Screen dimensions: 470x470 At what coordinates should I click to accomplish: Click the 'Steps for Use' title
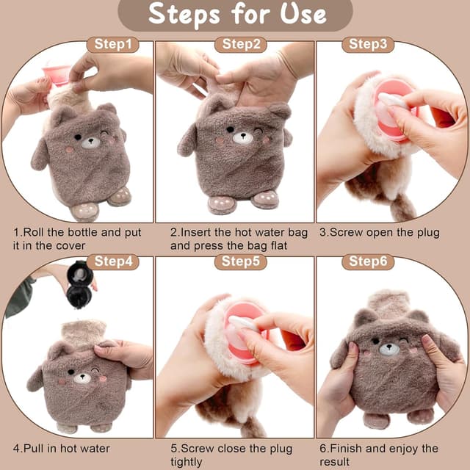237,14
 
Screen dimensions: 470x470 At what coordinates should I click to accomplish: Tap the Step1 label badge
113,45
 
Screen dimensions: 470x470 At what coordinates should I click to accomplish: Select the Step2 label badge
241,45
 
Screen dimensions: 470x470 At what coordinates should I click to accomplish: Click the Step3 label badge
368,45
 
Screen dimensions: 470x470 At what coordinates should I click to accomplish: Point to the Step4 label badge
113,261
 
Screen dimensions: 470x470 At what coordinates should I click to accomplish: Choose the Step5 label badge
241,261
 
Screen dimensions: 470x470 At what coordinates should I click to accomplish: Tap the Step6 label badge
368,261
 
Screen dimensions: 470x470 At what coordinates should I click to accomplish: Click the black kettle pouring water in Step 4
79,284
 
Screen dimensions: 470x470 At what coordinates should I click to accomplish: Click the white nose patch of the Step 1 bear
90,142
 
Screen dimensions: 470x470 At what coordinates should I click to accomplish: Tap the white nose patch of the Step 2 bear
243,138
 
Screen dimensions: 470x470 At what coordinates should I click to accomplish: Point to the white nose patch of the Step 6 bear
389,350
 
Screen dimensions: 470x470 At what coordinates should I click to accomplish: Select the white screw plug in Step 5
243,324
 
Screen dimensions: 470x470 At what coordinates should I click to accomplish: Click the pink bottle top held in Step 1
57,75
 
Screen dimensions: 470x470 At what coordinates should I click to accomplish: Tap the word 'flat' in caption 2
279,246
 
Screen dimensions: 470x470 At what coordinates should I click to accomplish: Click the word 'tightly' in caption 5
186,462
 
